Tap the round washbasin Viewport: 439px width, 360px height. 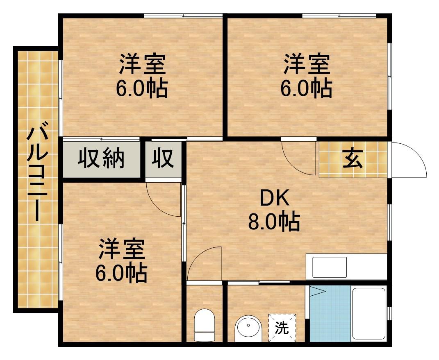248,328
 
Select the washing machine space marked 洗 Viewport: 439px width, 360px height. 282,327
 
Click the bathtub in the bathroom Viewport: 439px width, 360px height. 369,314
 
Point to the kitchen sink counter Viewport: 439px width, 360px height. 346,267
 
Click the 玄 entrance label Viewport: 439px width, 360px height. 353,159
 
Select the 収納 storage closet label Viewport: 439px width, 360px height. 101,158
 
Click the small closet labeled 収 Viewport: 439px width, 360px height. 163,158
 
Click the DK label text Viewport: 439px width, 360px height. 274,199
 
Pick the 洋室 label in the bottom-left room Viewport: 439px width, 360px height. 121,251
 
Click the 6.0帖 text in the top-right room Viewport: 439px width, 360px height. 306,88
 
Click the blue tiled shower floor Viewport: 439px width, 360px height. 330,314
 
